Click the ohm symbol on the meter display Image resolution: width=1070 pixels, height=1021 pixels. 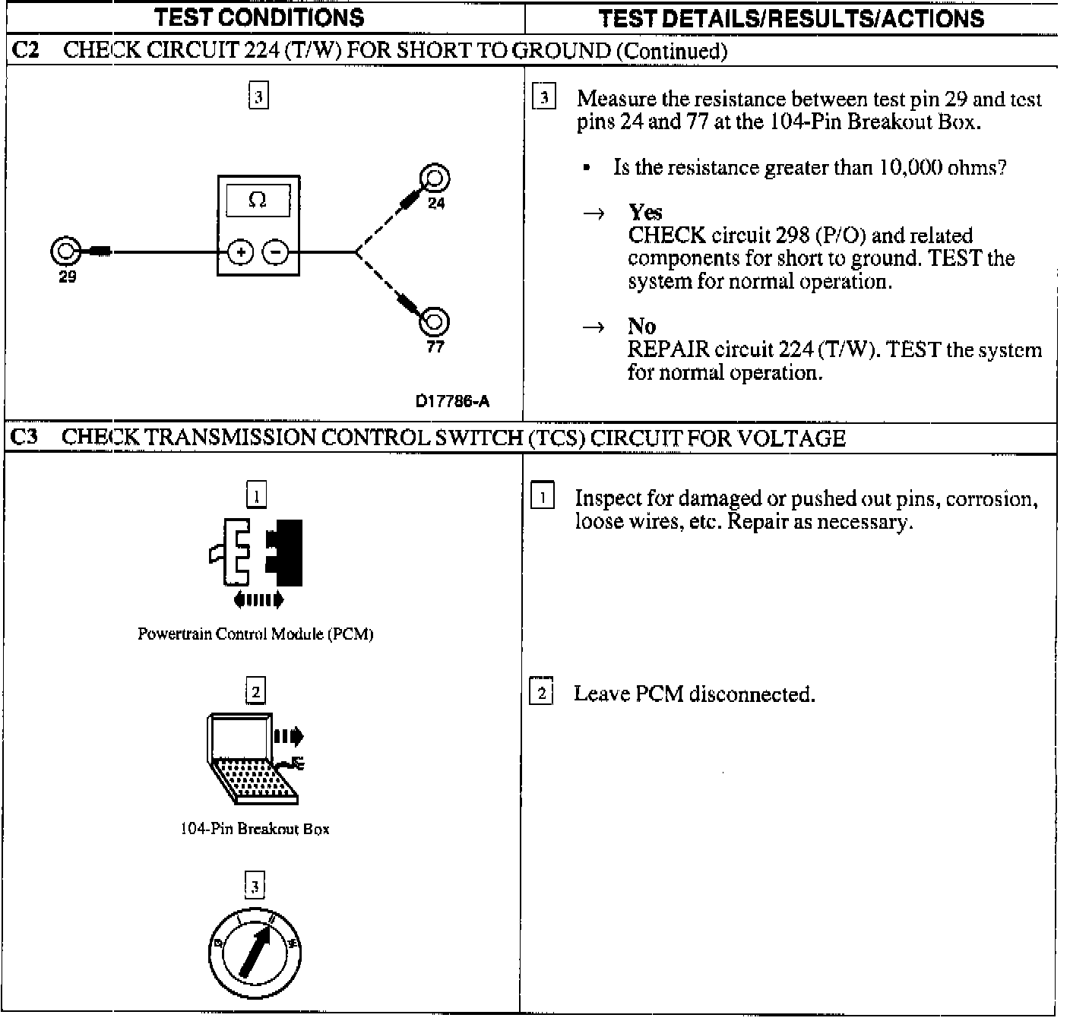(x=258, y=200)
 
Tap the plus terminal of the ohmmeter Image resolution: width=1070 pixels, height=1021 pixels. (x=240, y=251)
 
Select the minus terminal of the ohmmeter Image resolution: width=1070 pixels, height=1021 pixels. (x=276, y=251)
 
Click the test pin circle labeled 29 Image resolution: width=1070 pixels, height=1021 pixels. (x=64, y=251)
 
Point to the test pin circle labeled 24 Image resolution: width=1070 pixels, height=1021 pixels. (x=435, y=180)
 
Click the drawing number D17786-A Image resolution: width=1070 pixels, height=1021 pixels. (x=452, y=402)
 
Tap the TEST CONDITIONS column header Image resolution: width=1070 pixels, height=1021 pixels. (x=259, y=17)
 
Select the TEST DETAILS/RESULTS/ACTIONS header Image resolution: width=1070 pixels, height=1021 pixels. (x=791, y=18)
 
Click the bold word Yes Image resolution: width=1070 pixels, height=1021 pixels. (x=645, y=212)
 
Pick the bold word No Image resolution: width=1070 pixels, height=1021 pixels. (x=641, y=326)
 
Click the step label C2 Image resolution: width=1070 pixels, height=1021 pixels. (x=27, y=51)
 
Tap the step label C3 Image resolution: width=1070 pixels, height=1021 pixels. (x=27, y=438)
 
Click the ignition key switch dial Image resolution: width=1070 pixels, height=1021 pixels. (x=255, y=952)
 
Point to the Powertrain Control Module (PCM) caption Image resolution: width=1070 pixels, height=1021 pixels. (x=255, y=634)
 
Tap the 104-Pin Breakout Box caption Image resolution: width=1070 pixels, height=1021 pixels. (x=255, y=828)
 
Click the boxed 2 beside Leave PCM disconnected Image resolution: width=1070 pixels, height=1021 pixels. (x=541, y=693)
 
